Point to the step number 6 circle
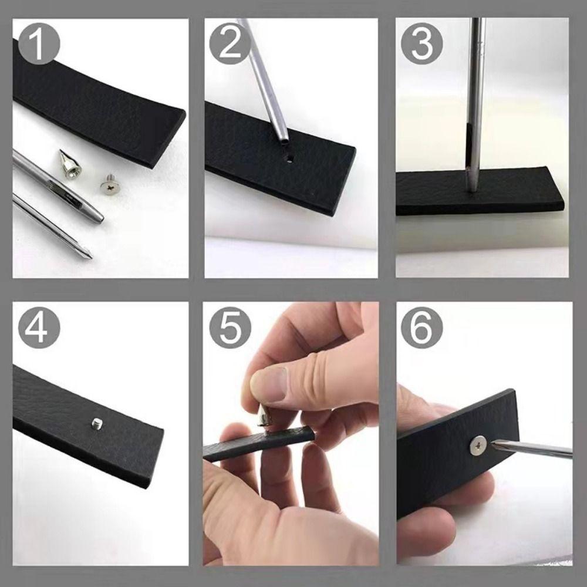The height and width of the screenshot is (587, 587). point(421,326)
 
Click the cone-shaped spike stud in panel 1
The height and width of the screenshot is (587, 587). point(69,164)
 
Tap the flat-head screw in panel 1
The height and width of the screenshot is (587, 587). point(109,186)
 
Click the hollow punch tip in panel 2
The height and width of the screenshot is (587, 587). point(284,141)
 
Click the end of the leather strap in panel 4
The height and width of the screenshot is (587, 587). point(150,446)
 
